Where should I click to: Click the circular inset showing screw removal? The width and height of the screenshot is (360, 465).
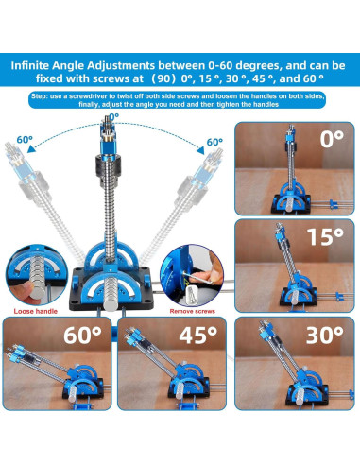[x=194, y=274]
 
